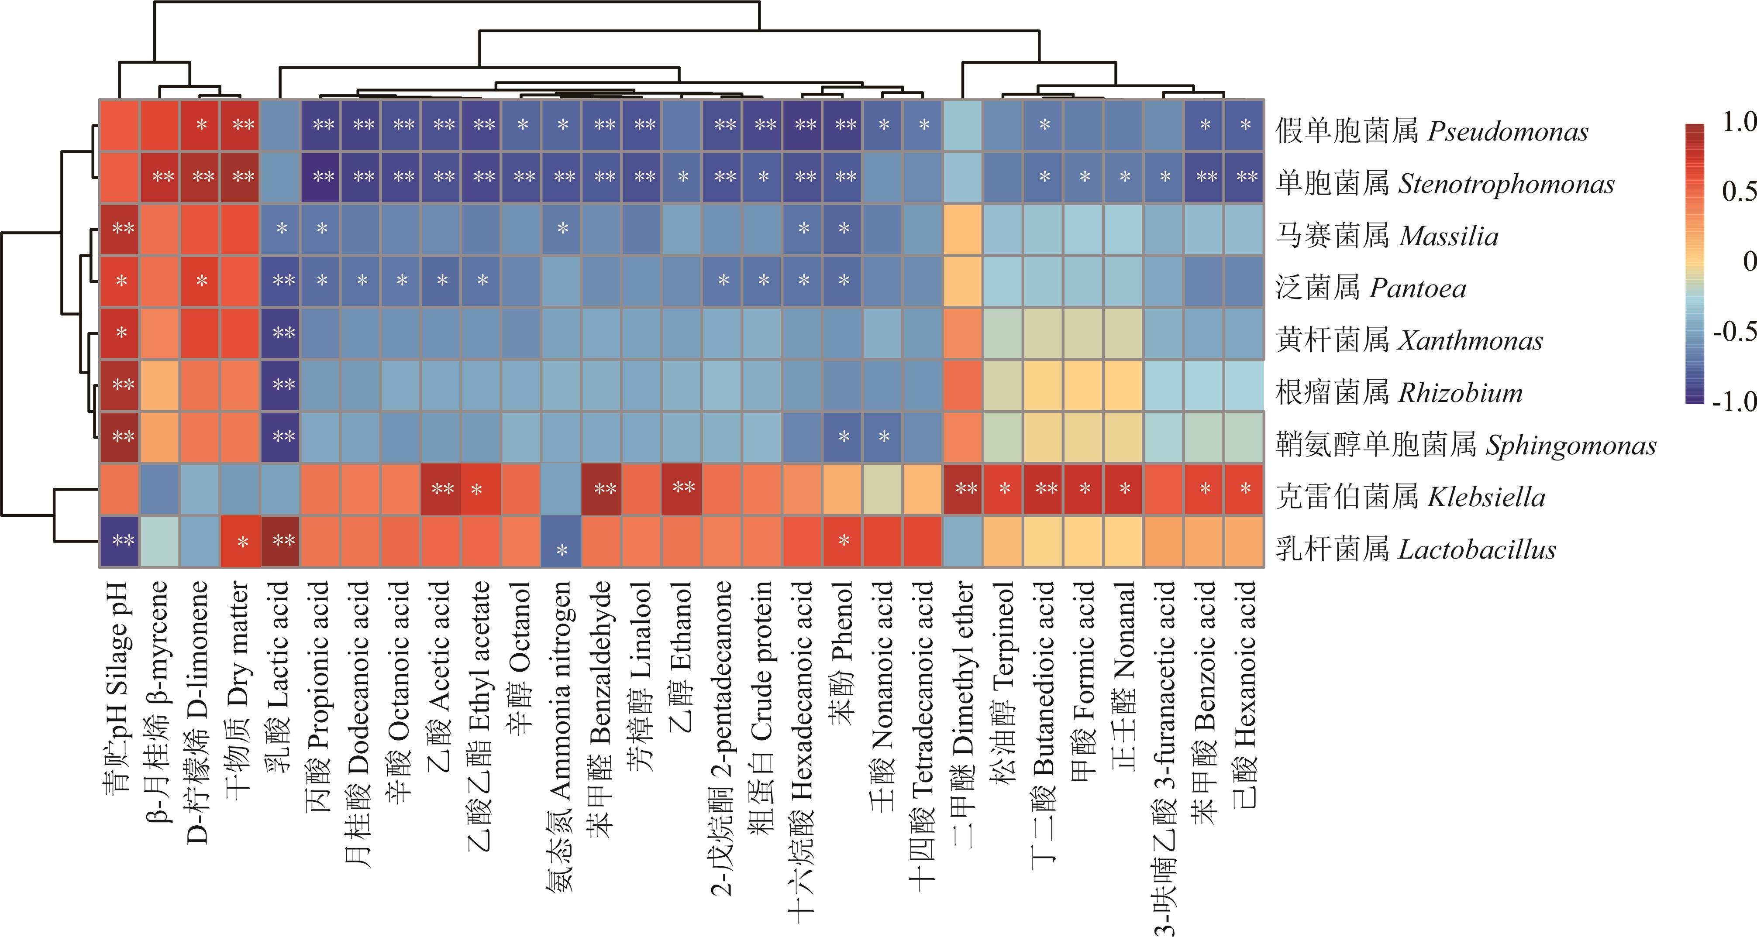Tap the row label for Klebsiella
[x=1410, y=497]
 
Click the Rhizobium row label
[x=1399, y=393]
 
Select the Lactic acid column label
[x=278, y=675]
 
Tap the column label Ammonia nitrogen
[x=561, y=737]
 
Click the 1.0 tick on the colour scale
[x=1738, y=123]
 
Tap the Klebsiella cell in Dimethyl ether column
[x=962, y=489]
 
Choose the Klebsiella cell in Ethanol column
[x=682, y=489]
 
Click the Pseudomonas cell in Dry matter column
[x=241, y=126]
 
